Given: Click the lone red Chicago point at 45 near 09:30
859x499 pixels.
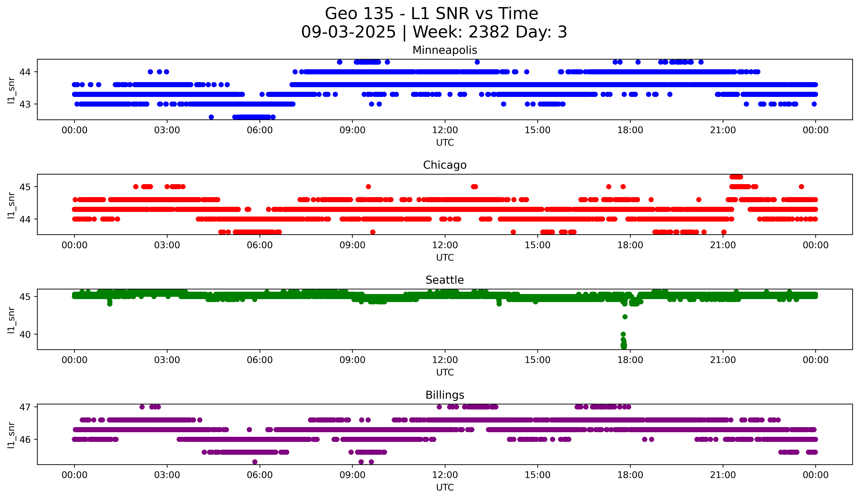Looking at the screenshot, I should pyautogui.click(x=368, y=187).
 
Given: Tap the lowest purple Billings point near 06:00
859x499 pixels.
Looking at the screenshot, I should pyautogui.click(x=255, y=462).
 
